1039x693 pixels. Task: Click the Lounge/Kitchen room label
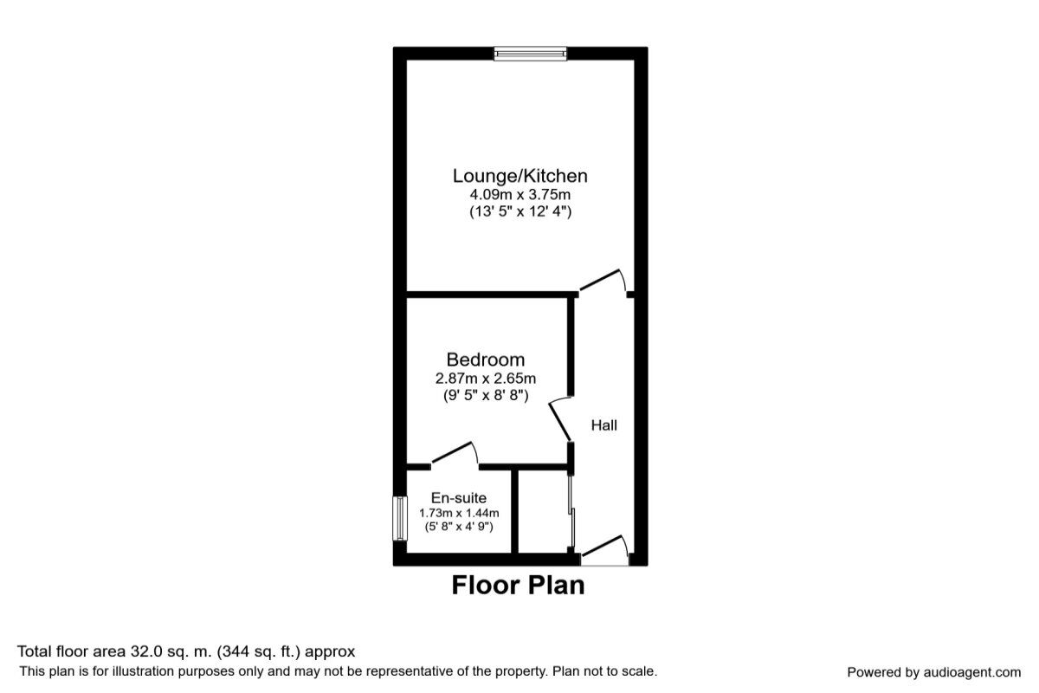[x=520, y=176]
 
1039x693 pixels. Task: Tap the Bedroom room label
[x=486, y=359]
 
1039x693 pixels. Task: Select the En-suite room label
[x=459, y=498]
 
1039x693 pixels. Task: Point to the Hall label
[x=604, y=425]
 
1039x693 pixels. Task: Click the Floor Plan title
[x=518, y=586]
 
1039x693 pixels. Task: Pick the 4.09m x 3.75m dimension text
[x=520, y=194]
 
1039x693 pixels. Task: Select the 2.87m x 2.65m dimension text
[x=486, y=379]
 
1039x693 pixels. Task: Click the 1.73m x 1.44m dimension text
[x=459, y=513]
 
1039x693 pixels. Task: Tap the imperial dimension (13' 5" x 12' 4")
[x=520, y=211]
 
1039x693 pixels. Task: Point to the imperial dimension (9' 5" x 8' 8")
[x=486, y=396]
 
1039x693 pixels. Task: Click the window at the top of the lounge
[x=530, y=54]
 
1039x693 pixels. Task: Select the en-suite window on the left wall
[x=400, y=519]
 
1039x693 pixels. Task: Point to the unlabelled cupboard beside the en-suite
[x=543, y=511]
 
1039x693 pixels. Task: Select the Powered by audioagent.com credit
[x=933, y=672]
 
